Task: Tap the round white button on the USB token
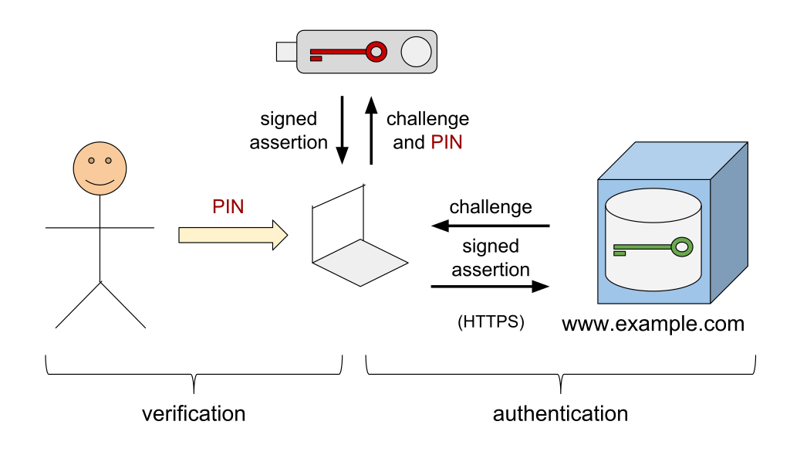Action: point(416,52)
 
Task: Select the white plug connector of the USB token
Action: point(286,52)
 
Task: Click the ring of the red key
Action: point(376,52)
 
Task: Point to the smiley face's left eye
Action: point(91,161)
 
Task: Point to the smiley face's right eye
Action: point(108,161)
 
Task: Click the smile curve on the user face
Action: point(100,183)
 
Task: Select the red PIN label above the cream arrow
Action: point(228,206)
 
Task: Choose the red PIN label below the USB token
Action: point(446,142)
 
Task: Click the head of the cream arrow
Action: point(279,235)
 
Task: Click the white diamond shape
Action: point(360,263)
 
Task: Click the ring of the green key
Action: point(681,247)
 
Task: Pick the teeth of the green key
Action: point(620,253)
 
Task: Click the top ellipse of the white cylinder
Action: point(653,206)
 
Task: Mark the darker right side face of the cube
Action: point(729,224)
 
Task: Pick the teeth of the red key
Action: point(316,58)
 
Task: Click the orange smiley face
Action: point(100,168)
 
